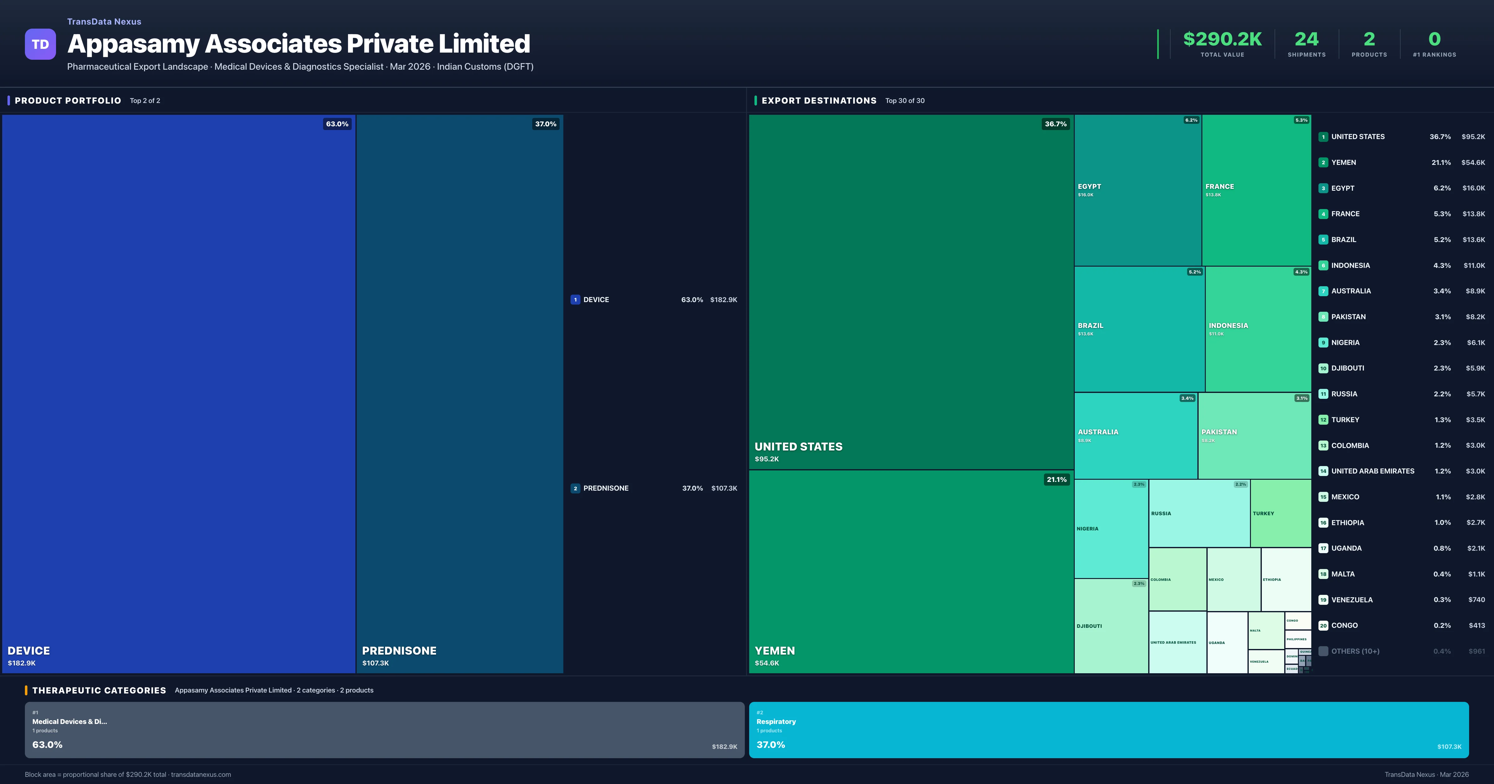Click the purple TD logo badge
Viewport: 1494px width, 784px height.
coord(40,44)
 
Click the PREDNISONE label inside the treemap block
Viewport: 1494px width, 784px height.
coord(399,651)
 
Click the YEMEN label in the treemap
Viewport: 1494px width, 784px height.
coord(774,651)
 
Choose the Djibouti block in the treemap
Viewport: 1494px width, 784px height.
coord(1110,626)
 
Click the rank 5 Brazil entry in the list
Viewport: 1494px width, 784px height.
coord(1343,240)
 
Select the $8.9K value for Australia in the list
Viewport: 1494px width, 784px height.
coord(1475,291)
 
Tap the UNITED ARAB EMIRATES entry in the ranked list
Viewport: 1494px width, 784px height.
coord(1372,471)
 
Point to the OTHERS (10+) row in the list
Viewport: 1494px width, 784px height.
coord(1355,651)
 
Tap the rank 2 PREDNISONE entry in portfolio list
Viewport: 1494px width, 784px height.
coord(605,488)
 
